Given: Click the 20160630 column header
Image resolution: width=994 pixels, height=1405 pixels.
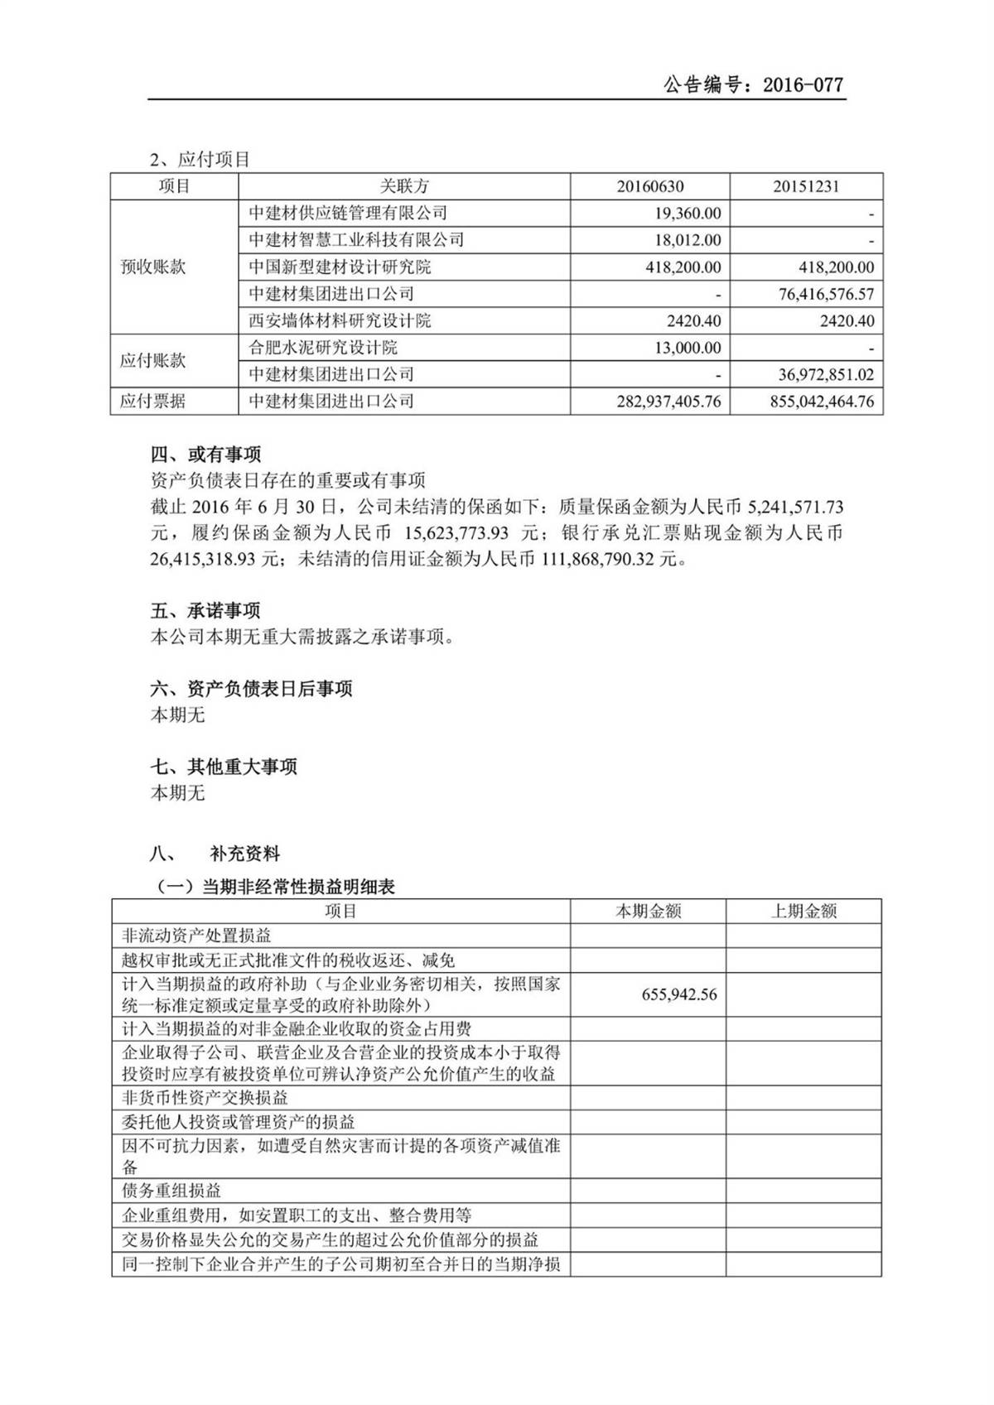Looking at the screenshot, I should pos(650,186).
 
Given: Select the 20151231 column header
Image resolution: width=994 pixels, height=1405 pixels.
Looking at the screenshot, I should pos(806,186).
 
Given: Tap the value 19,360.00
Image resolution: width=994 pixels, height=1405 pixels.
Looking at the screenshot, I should pos(688,214).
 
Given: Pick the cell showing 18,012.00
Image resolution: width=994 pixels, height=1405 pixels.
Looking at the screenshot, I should pos(688,240).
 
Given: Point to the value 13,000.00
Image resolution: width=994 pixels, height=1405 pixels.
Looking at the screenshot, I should pos(688,348).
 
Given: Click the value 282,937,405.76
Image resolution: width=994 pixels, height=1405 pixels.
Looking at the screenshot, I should pos(668,402).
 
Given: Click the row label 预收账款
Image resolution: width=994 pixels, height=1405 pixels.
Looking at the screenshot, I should pos(153,267).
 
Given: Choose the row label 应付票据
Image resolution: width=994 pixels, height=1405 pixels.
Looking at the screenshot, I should pos(153,402).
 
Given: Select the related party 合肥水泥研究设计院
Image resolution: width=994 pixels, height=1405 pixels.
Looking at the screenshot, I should pos(323,348).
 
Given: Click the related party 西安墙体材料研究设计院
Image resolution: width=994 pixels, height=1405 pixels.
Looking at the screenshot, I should pos(340,320).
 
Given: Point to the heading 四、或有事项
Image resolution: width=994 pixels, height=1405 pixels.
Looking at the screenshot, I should pos(205,454).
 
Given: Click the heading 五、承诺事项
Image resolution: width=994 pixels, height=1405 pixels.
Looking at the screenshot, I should pos(205,610).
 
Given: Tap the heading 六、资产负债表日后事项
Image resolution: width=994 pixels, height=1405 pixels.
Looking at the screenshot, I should pos(251,688).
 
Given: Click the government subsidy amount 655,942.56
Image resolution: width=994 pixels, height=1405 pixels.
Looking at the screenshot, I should pos(679,994).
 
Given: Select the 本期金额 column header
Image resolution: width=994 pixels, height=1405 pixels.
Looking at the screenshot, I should pos(648,912).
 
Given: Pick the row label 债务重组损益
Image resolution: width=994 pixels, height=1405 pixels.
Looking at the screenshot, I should pos(171,1191).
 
